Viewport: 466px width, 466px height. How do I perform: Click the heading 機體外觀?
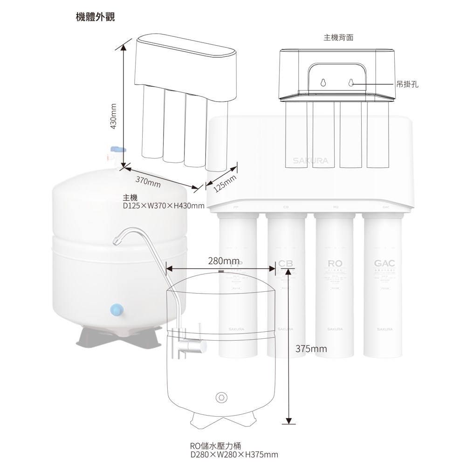click(95, 17)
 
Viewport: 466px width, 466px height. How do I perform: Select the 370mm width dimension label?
click(148, 182)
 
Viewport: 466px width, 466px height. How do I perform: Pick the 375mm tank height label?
click(311, 349)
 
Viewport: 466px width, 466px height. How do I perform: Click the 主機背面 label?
click(338, 37)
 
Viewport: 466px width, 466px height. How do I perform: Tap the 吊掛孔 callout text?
click(407, 84)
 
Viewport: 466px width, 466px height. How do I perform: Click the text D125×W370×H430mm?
click(164, 206)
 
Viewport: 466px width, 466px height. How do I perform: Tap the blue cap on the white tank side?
click(116, 309)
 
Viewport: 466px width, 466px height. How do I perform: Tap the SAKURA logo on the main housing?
click(310, 161)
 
